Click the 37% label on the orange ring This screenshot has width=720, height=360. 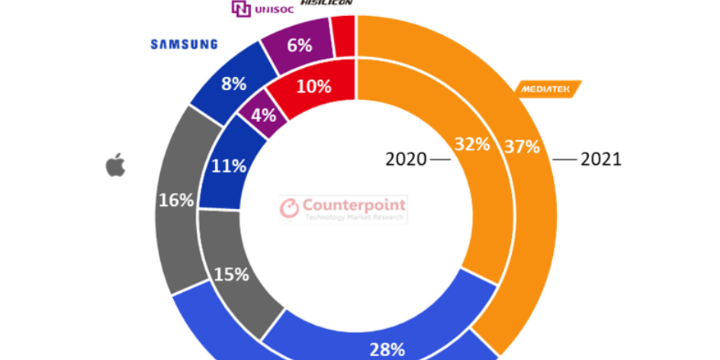coord(522,144)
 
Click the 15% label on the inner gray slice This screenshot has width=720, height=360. coord(232,275)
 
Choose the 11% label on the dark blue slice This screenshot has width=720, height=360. coord(229,166)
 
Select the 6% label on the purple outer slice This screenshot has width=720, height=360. coord(298,45)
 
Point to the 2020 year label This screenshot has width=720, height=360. coord(406,159)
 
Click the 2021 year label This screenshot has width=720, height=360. coord(602,159)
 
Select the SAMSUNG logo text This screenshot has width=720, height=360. coord(184,44)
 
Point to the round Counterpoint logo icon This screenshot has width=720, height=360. coord(290,209)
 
